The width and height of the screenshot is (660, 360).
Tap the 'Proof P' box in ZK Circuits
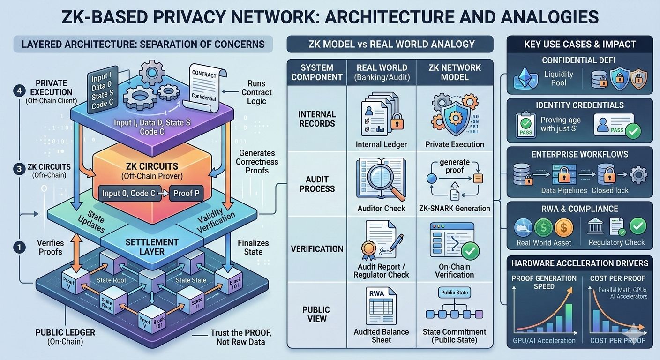(186, 193)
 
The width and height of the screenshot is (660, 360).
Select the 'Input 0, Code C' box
(129, 193)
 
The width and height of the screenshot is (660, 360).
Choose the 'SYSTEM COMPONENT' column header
(316, 72)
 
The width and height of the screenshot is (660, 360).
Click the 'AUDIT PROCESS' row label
(316, 184)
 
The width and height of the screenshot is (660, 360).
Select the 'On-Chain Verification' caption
(454, 270)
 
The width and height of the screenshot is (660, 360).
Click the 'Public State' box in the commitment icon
(454, 292)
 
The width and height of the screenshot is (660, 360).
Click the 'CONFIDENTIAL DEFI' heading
(579, 60)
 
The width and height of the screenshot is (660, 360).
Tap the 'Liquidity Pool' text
(558, 78)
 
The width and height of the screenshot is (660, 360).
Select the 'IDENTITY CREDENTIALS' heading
(579, 105)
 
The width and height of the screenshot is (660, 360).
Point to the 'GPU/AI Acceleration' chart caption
(544, 340)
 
